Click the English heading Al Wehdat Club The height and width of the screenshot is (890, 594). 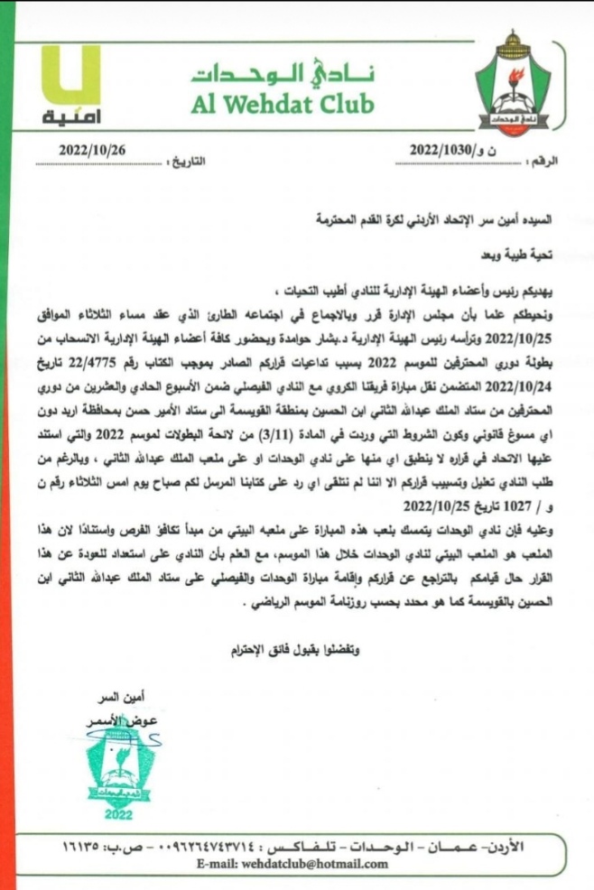(x=282, y=105)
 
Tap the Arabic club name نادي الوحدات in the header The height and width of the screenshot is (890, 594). (x=282, y=71)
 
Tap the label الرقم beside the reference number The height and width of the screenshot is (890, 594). (x=540, y=160)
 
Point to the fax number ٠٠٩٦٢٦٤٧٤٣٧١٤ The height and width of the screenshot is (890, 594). (x=207, y=848)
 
